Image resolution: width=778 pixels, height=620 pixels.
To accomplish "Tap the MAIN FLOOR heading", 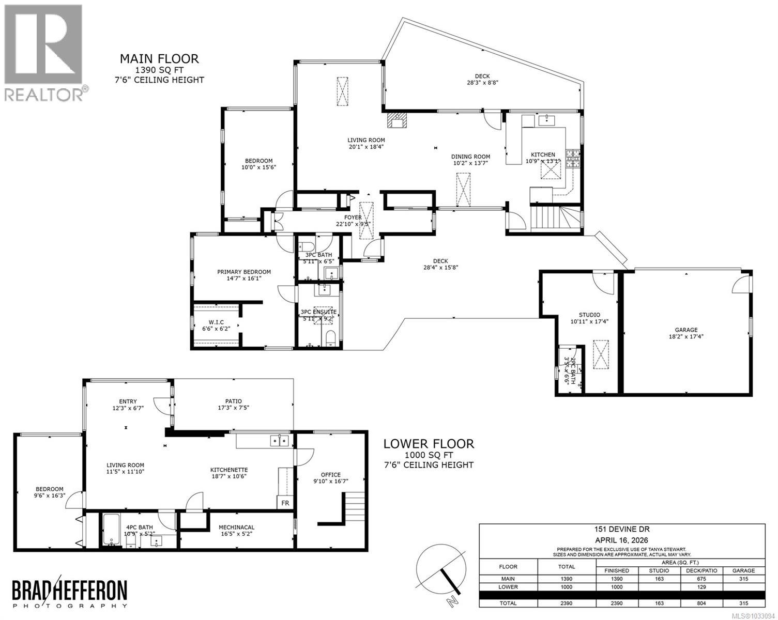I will coord(159,59).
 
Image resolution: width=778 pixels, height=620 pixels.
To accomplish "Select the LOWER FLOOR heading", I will coord(428,443).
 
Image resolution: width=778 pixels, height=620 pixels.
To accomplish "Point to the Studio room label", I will coord(589,315).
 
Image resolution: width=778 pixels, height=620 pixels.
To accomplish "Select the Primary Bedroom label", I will coord(243,272).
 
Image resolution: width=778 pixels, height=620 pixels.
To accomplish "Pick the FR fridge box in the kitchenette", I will coord(285,503).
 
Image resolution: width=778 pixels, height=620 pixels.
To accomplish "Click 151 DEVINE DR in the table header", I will coord(622,529).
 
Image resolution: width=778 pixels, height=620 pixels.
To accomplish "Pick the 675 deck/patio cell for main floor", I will coord(701,579).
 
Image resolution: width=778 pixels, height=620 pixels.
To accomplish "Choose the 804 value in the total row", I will coord(701,603).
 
